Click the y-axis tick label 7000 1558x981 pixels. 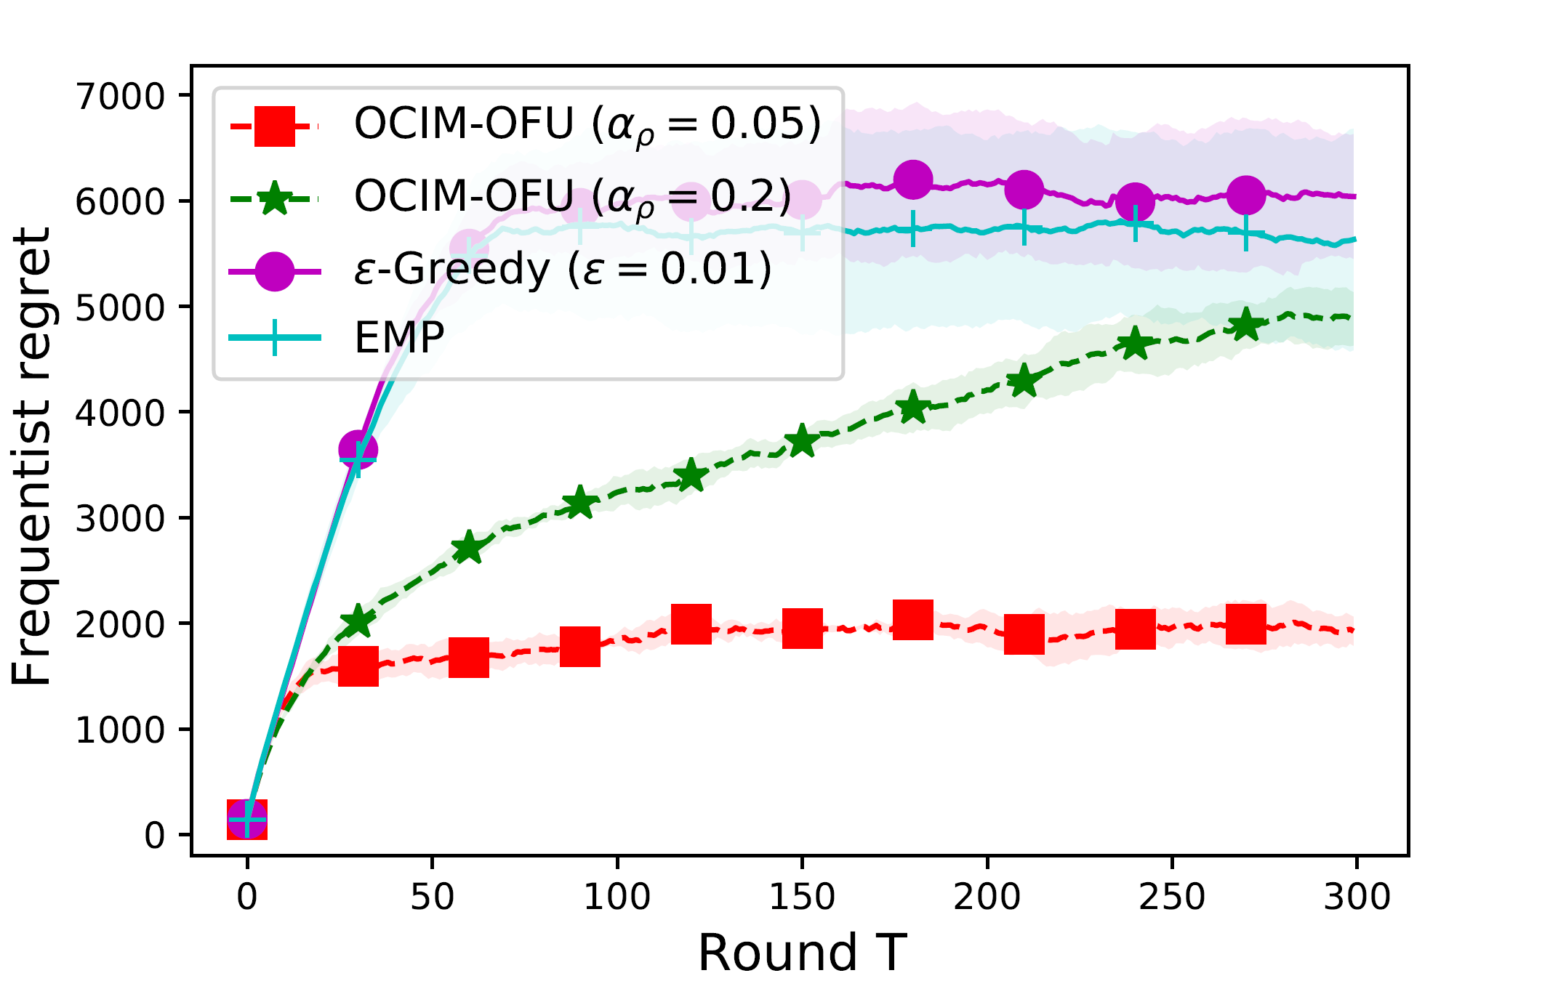[121, 96]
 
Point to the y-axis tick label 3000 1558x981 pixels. [121, 519]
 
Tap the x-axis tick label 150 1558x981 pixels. [802, 897]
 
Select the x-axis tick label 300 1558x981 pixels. [1357, 897]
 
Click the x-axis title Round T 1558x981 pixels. [802, 953]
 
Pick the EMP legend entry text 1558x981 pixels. [399, 337]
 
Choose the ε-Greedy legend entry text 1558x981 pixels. [563, 269]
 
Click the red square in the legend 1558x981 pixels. [275, 126]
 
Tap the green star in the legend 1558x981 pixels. [275, 198]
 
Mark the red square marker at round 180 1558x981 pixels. [913, 620]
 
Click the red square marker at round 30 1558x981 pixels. [358, 666]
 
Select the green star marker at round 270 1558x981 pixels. [1246, 324]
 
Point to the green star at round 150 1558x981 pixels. [802, 440]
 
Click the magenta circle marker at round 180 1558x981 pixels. [913, 179]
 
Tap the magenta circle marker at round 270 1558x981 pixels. [1246, 195]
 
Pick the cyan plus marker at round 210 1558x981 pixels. [1024, 228]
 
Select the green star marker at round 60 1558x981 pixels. [469, 547]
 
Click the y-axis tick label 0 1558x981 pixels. [155, 836]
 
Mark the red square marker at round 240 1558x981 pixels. [1136, 628]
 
